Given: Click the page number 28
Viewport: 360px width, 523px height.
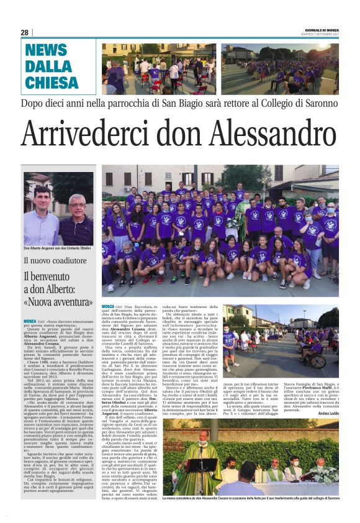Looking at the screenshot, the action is [x=25, y=32].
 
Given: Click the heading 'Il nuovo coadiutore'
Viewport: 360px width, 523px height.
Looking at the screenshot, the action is [x=53, y=261].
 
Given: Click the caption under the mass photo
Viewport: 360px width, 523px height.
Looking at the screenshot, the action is [x=251, y=499].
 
